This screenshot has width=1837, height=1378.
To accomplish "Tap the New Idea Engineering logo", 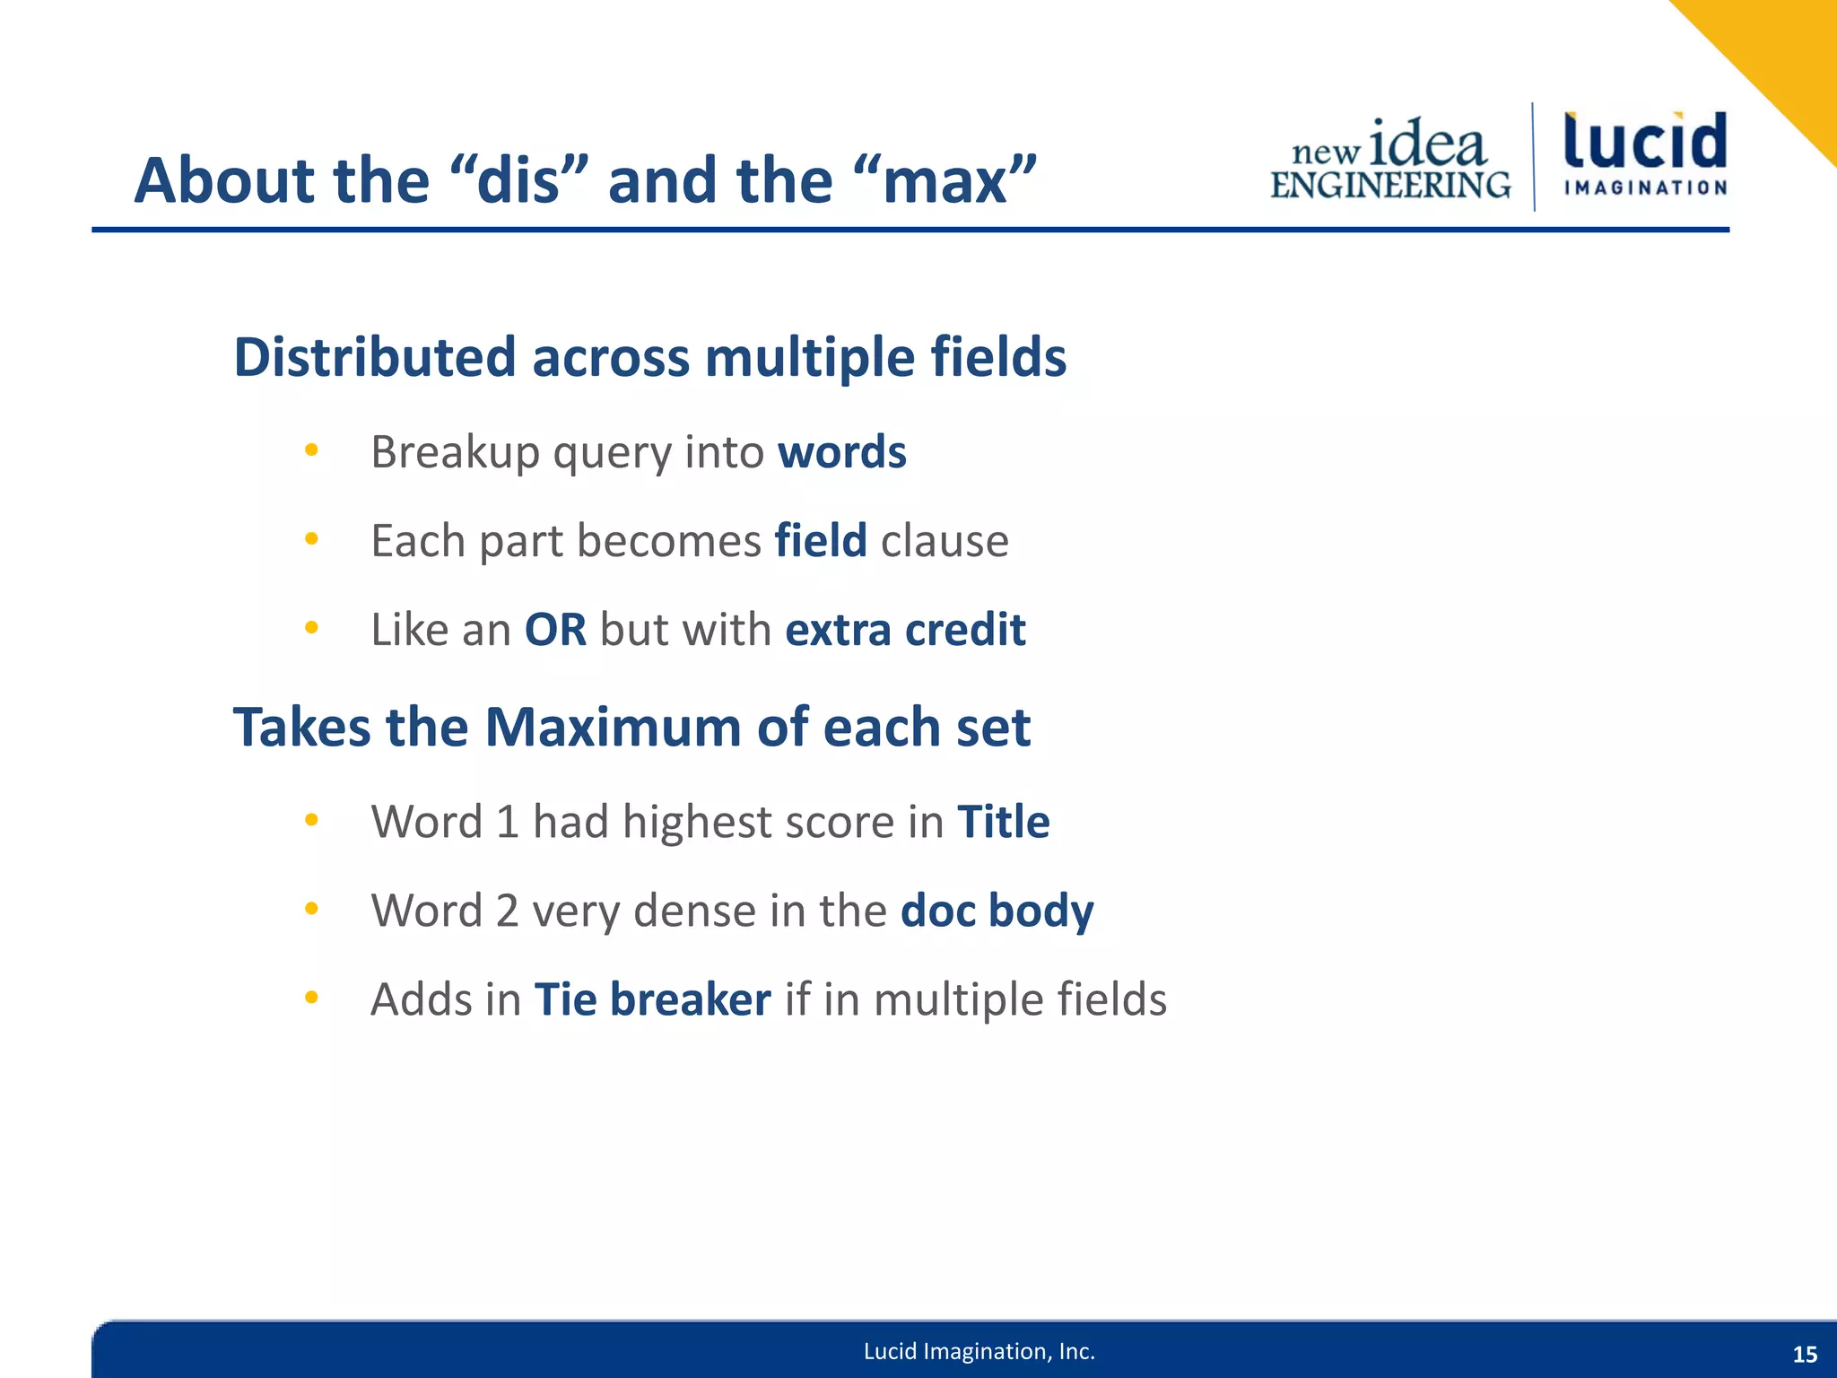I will [1390, 160].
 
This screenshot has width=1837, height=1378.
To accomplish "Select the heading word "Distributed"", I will [372, 357].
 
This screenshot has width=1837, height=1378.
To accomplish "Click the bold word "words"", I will [841, 451].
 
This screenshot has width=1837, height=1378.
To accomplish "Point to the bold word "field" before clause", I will [820, 540].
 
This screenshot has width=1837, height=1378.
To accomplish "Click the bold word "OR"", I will [555, 629].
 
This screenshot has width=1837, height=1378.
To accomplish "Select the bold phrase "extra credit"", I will [905, 629].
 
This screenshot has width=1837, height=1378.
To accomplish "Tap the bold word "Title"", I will [1003, 821].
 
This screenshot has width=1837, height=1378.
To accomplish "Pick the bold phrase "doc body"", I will [997, 911].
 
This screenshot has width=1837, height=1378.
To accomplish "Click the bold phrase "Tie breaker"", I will [652, 999].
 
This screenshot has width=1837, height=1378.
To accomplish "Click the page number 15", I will [1805, 1355].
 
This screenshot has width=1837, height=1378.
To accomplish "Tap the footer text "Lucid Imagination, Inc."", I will [979, 1351].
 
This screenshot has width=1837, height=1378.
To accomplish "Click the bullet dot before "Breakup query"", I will [311, 450].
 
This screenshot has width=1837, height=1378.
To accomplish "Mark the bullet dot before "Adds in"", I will [311, 998].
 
